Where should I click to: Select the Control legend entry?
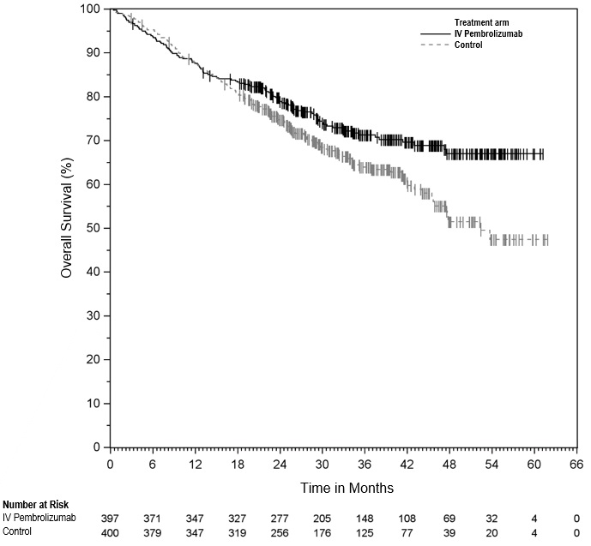[468, 45]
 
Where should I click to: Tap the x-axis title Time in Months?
[347, 488]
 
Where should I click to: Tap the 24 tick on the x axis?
[280, 464]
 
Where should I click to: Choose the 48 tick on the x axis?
[449, 464]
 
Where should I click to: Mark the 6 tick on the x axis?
[153, 464]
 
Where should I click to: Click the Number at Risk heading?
[36, 506]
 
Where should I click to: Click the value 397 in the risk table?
[111, 519]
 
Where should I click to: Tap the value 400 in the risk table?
[111, 531]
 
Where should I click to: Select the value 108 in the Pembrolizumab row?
[407, 519]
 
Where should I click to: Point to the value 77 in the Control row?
[407, 531]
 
